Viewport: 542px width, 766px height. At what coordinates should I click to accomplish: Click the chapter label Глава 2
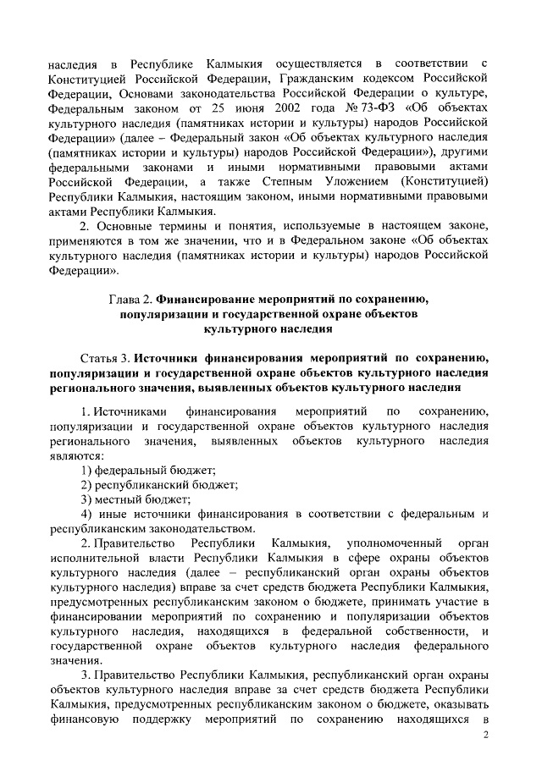pos(132,298)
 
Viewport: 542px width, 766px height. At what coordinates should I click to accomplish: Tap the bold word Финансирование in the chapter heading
pos(217,298)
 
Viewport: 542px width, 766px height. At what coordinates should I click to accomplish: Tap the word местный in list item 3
pos(120,500)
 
